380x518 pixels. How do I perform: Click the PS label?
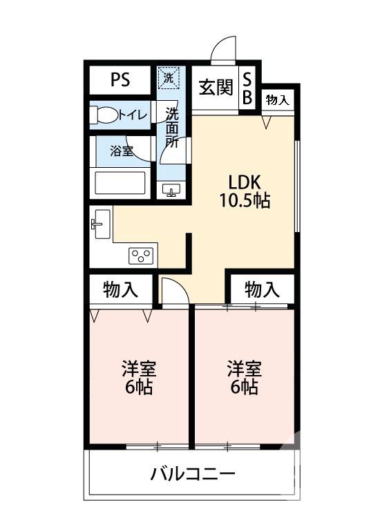(x=120, y=79)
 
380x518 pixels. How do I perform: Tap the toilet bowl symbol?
(x=104, y=115)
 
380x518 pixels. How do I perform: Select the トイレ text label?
(x=133, y=115)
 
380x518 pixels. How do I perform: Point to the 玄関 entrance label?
(x=215, y=88)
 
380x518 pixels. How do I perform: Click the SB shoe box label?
(x=247, y=88)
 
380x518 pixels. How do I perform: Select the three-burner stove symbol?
(x=142, y=256)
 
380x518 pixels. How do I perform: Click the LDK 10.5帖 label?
(x=244, y=191)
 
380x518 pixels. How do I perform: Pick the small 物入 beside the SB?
(x=278, y=100)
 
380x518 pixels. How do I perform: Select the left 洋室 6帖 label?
(x=138, y=377)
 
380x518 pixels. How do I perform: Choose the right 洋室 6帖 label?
(x=243, y=377)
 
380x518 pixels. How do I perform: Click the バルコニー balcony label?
(x=193, y=474)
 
